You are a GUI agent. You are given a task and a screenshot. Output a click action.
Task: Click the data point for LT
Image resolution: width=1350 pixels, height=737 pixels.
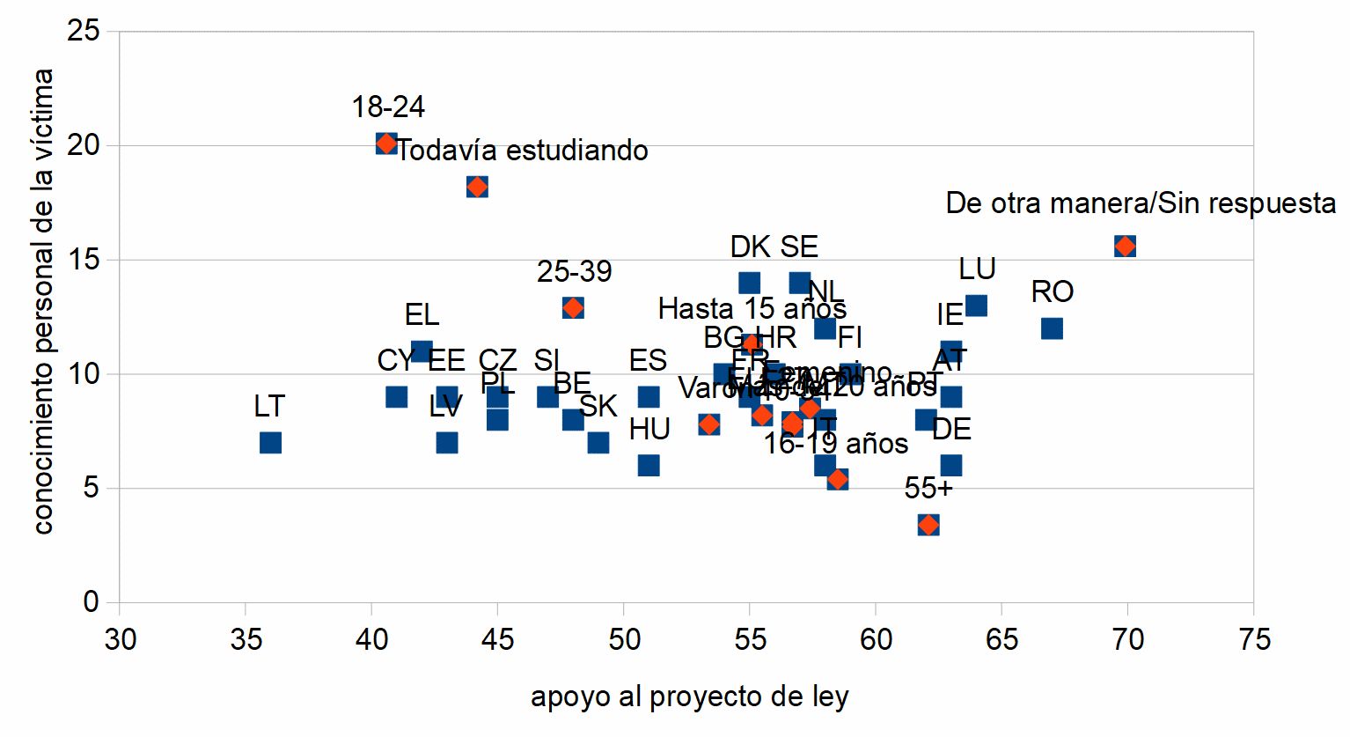pyautogui.click(x=270, y=442)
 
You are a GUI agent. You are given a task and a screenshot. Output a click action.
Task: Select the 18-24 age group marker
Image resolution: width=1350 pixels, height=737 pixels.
pyautogui.click(x=386, y=144)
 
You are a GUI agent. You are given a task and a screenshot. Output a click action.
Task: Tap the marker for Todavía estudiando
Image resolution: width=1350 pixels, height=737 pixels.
pyautogui.click(x=477, y=187)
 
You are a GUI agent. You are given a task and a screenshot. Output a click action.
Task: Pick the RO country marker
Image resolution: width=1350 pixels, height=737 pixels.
pyautogui.click(x=1052, y=328)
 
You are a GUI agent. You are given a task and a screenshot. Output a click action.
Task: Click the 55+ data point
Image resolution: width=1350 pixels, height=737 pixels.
pyautogui.click(x=928, y=525)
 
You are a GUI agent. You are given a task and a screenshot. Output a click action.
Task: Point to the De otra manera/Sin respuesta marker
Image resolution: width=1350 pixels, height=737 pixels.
pyautogui.click(x=1125, y=246)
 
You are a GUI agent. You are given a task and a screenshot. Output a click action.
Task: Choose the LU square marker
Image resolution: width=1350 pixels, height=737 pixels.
pyautogui.click(x=976, y=306)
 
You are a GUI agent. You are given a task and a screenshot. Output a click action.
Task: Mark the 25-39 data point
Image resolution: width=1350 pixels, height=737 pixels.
pyautogui.click(x=573, y=308)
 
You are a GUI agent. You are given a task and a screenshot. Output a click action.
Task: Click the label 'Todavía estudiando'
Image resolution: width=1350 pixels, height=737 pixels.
pyautogui.click(x=523, y=151)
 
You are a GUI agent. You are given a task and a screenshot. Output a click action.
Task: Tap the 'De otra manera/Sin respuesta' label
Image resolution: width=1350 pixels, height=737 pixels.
pyautogui.click(x=1141, y=203)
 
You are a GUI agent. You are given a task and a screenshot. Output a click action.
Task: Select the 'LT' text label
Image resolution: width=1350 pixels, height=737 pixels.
pyautogui.click(x=269, y=406)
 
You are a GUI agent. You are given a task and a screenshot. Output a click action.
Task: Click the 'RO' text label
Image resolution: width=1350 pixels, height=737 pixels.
pyautogui.click(x=1052, y=291)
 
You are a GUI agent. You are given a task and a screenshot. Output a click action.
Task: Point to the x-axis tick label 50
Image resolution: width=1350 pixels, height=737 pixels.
pyautogui.click(x=624, y=639)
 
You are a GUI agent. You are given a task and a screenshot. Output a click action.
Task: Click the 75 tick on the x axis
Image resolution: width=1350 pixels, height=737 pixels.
pyautogui.click(x=1254, y=639)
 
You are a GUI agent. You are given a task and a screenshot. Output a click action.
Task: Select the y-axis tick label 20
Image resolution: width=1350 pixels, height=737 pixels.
pyautogui.click(x=83, y=145)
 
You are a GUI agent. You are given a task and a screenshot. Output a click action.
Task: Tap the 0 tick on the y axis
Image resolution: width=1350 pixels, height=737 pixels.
pyautogui.click(x=91, y=602)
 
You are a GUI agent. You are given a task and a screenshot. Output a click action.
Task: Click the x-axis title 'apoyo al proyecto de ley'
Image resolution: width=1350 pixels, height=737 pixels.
pyautogui.click(x=689, y=696)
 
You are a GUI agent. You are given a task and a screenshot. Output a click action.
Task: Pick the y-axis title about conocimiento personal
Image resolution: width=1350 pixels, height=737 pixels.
pyautogui.click(x=42, y=301)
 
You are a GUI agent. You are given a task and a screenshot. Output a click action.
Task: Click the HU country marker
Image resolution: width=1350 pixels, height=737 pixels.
pyautogui.click(x=649, y=465)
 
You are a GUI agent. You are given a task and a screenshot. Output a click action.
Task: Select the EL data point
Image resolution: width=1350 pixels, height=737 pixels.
pyautogui.click(x=422, y=351)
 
